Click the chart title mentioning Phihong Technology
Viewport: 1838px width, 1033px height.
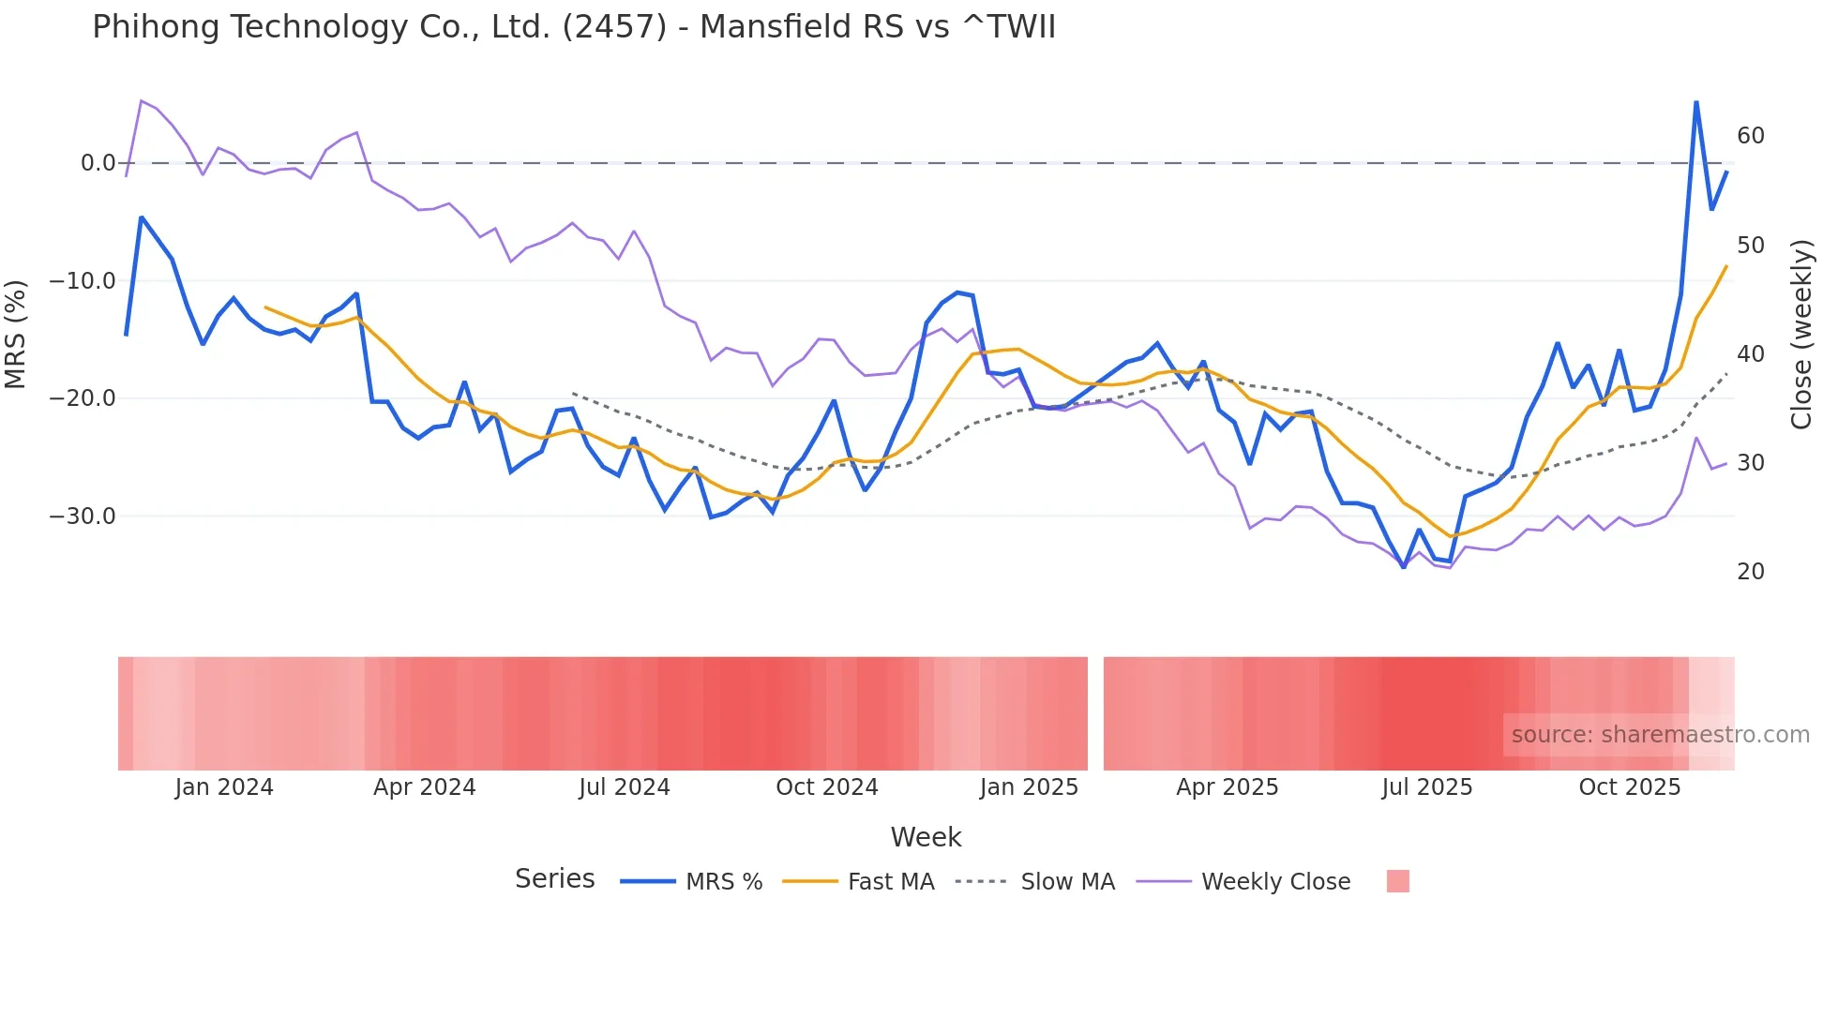pyautogui.click(x=573, y=27)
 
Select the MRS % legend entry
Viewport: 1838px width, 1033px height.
pyautogui.click(x=723, y=882)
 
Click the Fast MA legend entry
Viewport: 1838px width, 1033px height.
pyautogui.click(x=890, y=882)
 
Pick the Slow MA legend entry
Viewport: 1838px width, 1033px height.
pyautogui.click(x=1067, y=882)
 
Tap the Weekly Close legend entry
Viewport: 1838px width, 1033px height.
pyautogui.click(x=1275, y=882)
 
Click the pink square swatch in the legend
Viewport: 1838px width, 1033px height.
pyautogui.click(x=1397, y=881)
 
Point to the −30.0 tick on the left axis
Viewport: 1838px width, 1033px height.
pyautogui.click(x=83, y=516)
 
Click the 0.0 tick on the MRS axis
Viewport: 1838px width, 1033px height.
pyautogui.click(x=98, y=163)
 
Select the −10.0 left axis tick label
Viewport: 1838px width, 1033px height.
pyautogui.click(x=83, y=281)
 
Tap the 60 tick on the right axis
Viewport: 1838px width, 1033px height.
pyautogui.click(x=1750, y=136)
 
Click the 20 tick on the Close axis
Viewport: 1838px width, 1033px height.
pyautogui.click(x=1750, y=572)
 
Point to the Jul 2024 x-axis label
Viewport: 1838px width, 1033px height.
pyautogui.click(x=624, y=787)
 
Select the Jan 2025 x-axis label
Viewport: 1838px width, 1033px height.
pyautogui.click(x=1029, y=787)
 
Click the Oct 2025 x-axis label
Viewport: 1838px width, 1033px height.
pyautogui.click(x=1629, y=787)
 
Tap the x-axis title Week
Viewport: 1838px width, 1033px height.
pyautogui.click(x=926, y=837)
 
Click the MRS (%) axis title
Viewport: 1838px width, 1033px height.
pyautogui.click(x=16, y=334)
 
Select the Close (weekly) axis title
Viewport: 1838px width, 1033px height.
pyautogui.click(x=1801, y=335)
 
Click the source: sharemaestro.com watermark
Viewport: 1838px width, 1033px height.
pyautogui.click(x=1660, y=735)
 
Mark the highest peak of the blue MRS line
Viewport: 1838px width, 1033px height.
pyautogui.click(x=1696, y=102)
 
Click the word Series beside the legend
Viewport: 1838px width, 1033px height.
pyautogui.click(x=554, y=879)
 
